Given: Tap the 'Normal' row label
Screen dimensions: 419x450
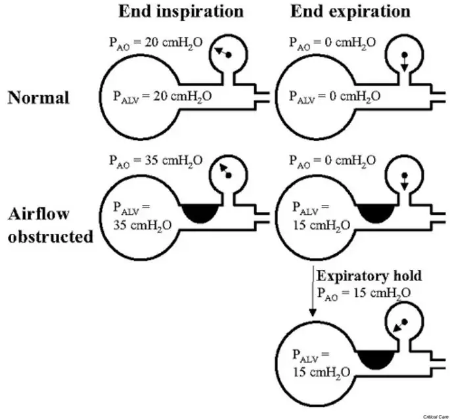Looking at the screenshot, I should (39, 98).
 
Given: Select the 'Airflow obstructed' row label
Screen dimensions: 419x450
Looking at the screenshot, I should (51, 225).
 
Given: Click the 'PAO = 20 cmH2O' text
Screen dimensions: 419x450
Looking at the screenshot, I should (156, 43).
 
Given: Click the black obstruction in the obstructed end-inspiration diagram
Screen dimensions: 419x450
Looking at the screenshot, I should (202, 212).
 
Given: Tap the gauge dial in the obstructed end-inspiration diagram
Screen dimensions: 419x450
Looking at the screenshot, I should (227, 171).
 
